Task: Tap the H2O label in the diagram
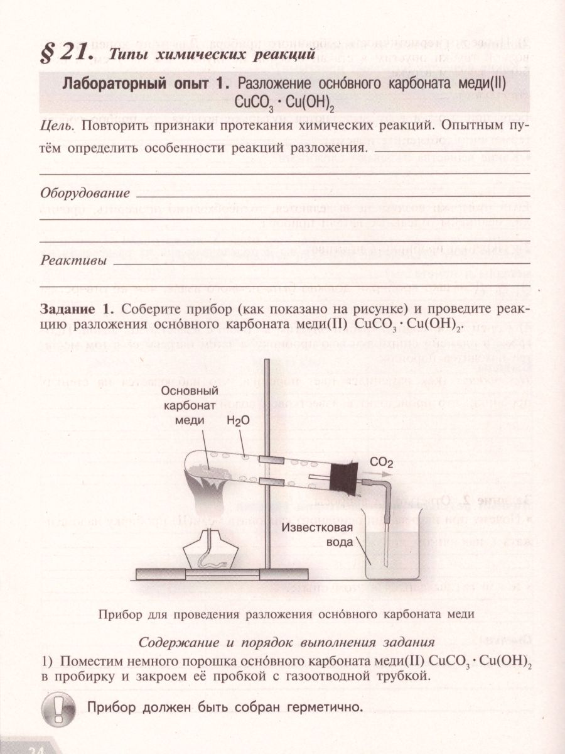point(239,423)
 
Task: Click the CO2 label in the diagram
point(381,463)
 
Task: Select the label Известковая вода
point(318,535)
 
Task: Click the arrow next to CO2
point(381,476)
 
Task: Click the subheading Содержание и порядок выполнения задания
point(286,642)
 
